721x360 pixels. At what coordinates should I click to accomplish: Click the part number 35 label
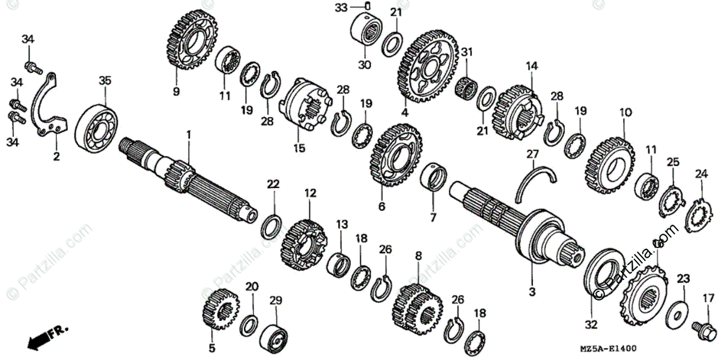coord(105,80)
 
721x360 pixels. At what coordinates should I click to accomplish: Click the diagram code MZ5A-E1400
coord(608,349)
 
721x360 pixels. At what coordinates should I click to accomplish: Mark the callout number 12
coord(310,194)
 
